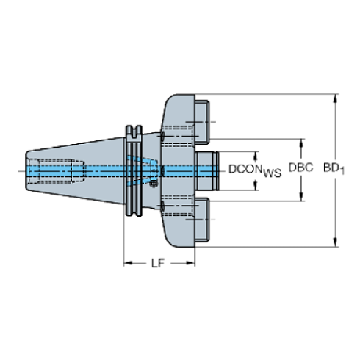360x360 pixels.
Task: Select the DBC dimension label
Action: [300, 168]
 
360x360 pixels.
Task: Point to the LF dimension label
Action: [156, 262]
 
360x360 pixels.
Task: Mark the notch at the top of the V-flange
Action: [133, 132]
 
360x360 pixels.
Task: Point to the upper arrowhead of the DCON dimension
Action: [256, 155]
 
